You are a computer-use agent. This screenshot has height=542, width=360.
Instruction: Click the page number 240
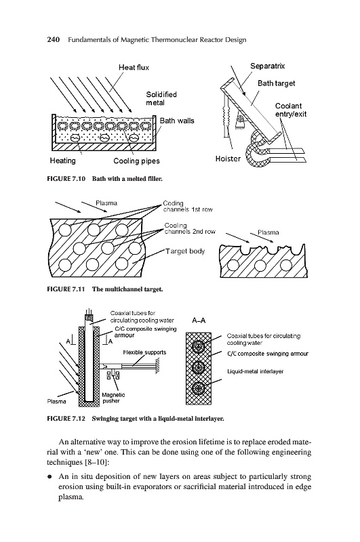(54, 40)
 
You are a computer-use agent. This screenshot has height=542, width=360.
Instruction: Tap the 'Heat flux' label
(134, 67)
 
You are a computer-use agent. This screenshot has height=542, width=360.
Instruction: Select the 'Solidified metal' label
(161, 98)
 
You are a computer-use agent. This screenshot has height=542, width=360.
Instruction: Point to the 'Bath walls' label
(177, 121)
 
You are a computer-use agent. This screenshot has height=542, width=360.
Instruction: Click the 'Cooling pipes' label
(136, 161)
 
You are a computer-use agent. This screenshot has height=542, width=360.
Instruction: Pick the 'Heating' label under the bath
(62, 161)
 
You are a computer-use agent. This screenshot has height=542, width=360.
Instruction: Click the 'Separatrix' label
(267, 66)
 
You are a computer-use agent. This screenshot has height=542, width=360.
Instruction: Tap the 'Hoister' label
(228, 159)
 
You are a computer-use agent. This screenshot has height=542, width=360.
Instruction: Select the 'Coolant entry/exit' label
(291, 110)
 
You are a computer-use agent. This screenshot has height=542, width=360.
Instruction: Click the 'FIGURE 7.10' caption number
(66, 179)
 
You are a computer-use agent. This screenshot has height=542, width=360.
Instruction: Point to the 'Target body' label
(185, 251)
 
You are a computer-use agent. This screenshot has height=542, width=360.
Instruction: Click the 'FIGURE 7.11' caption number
(66, 289)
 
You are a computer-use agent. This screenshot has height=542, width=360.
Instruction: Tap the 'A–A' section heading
(199, 320)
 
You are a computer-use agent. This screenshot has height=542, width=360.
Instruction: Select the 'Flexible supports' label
(144, 352)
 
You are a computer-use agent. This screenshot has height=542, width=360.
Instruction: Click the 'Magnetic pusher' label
(113, 398)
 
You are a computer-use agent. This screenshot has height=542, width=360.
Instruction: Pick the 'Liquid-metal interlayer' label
(255, 371)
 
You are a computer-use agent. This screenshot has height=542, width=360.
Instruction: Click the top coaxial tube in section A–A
(199, 347)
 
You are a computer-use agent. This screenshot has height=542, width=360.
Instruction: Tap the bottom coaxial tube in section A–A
(199, 388)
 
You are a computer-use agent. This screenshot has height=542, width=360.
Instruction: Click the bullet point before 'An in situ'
(49, 477)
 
